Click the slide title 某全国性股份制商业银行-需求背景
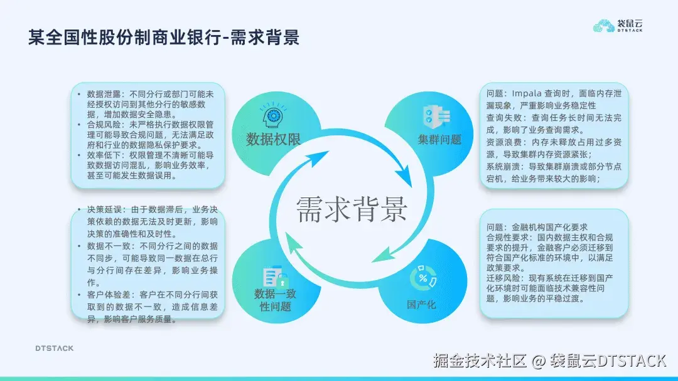coord(164,38)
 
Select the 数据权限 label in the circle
coord(273,139)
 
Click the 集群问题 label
coord(439,139)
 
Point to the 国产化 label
coord(421,305)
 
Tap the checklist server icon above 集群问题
coord(436,117)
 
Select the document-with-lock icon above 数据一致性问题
coord(275,277)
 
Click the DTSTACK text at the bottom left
coord(53,348)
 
